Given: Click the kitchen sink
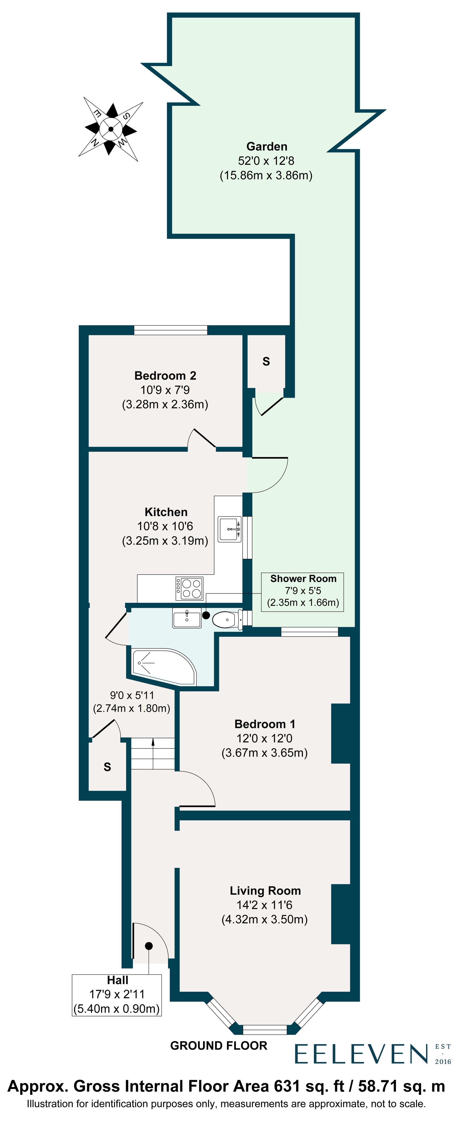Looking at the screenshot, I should [229, 529].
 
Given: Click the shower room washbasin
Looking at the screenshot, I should [186, 618].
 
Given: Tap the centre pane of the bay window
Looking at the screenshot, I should [265, 1029].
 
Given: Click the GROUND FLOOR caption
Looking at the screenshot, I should [219, 1045].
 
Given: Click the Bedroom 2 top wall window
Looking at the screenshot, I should [170, 330].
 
